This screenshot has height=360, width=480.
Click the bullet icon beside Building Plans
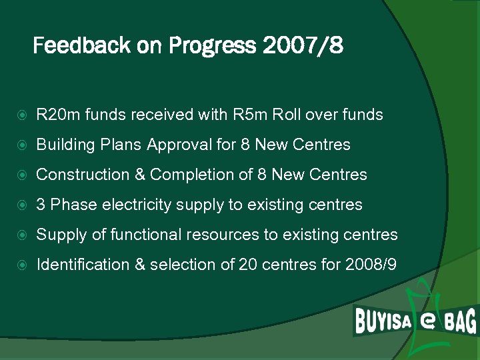[24, 145]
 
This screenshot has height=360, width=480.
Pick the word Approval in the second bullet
[176, 145]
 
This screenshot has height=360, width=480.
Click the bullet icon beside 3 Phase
[24, 205]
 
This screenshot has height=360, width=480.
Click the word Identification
[83, 265]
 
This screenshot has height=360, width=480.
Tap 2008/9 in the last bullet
[371, 265]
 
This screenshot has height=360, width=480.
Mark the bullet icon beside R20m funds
[24, 115]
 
